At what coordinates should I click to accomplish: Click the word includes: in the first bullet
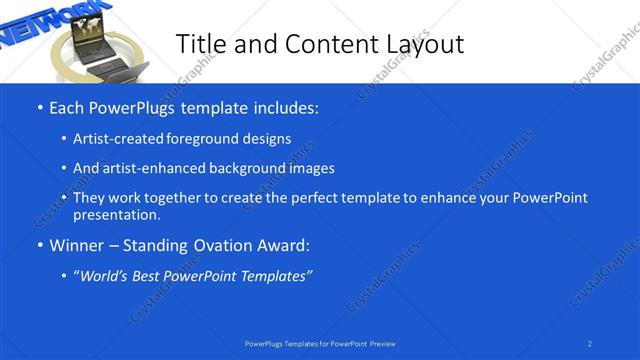(283, 107)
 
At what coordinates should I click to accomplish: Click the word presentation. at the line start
(117, 214)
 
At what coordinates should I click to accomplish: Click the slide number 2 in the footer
(590, 343)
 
